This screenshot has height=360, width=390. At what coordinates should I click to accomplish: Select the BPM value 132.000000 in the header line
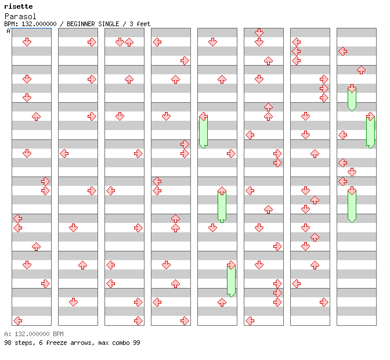pyautogui.click(x=39, y=24)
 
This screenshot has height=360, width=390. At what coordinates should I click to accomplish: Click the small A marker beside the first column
pyautogui.click(x=8, y=31)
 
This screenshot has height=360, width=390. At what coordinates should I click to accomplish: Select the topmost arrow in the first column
pyautogui.click(x=27, y=42)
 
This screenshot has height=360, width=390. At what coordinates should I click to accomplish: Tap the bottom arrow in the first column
pyautogui.click(x=17, y=321)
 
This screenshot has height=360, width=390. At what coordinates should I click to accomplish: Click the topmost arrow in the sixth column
pyautogui.click(x=259, y=33)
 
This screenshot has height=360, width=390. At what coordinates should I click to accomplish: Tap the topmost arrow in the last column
pyautogui.click(x=342, y=51)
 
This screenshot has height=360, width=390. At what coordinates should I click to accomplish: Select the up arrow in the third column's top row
pyautogui.click(x=129, y=42)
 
